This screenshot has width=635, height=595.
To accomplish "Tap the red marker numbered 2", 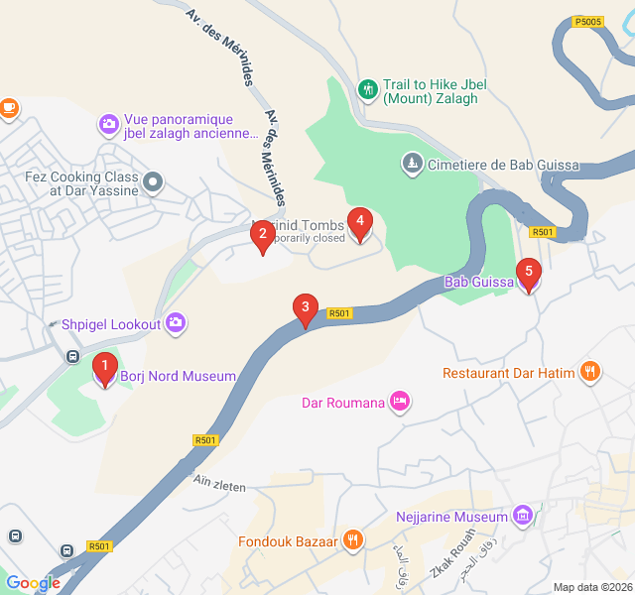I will coord(262,236).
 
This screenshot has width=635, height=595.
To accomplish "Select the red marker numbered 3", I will coord(306,309).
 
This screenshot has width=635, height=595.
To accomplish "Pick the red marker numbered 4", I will coord(360,223).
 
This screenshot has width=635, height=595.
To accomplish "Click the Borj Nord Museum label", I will coord(178,377).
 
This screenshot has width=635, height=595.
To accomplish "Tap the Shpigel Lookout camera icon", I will coord(176,323).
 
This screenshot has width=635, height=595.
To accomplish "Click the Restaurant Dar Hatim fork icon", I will coord(590,373).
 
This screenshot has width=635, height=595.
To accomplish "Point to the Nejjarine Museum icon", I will coord(523,517).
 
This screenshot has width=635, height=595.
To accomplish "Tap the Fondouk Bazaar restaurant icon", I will coord(351,540).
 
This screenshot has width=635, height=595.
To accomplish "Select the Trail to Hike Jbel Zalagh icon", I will coord(368,91).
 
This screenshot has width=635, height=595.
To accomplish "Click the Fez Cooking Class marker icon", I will coord(152,182).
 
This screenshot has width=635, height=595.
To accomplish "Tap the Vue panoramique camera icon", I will coord(108,125).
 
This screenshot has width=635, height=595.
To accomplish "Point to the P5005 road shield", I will coord(588,21).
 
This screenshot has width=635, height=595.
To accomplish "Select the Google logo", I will coord(33,583).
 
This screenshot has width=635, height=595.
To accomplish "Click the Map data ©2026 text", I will coord(591,587).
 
